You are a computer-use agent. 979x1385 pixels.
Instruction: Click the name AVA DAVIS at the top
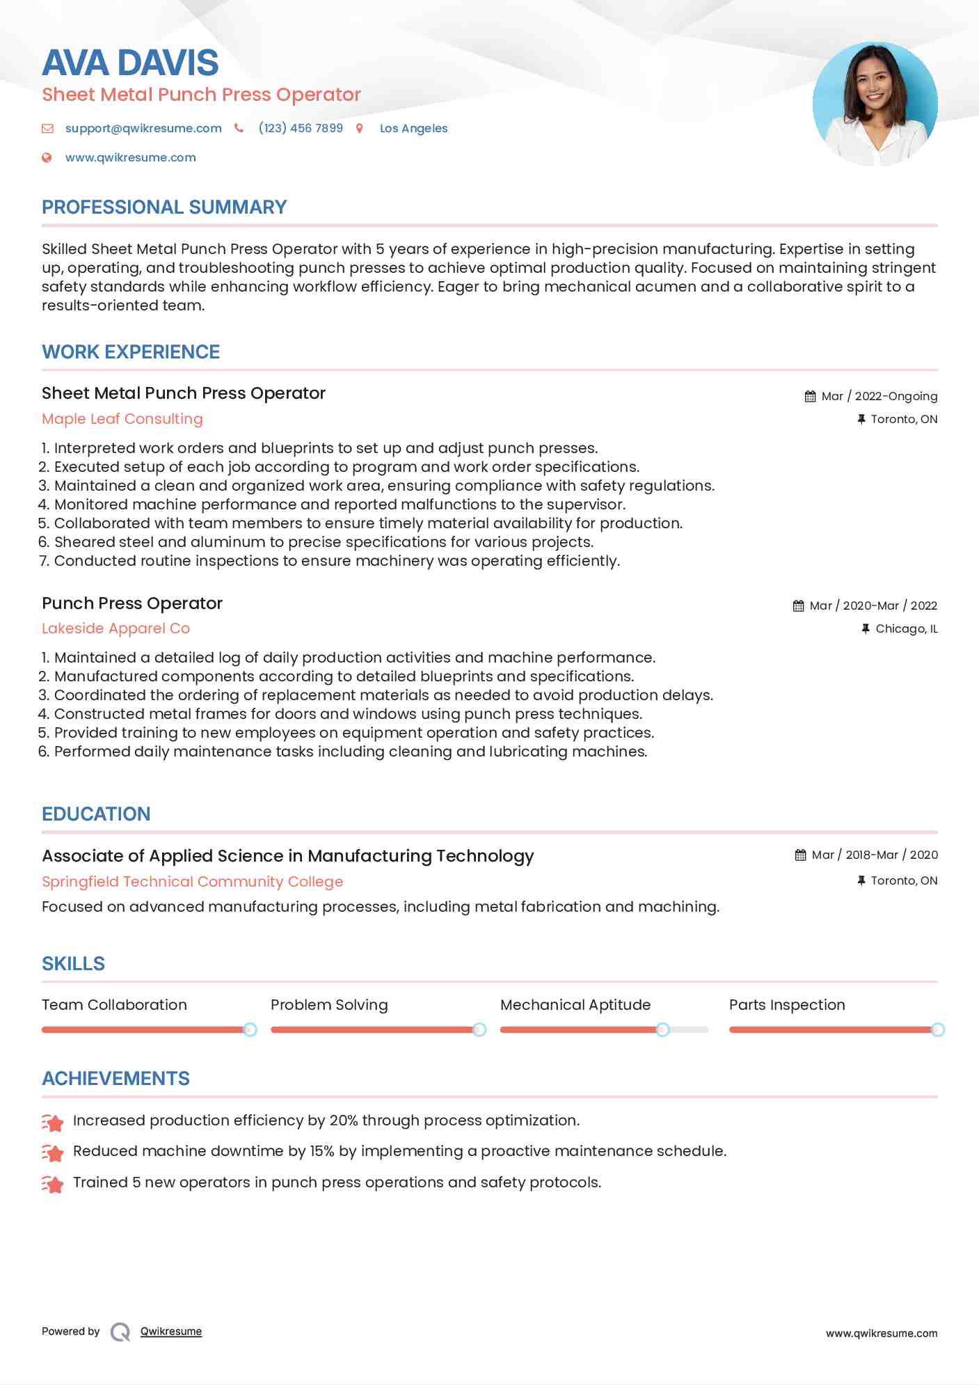tap(130, 63)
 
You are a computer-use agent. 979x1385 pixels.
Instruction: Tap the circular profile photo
tap(875, 104)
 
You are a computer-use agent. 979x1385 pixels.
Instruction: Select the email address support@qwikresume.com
tap(143, 129)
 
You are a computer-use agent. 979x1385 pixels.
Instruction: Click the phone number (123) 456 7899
tap(301, 129)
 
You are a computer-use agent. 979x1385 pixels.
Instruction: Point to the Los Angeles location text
tap(413, 129)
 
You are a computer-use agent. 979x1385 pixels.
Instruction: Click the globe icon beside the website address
tap(47, 158)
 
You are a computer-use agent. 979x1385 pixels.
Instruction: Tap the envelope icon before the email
tap(47, 129)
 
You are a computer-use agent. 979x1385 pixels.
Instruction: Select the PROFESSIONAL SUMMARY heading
tap(164, 207)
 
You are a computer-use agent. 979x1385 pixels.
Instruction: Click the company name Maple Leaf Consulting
tap(122, 419)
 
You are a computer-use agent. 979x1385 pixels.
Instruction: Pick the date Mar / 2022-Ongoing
tap(879, 397)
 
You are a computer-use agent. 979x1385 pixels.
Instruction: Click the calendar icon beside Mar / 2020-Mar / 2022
tap(798, 606)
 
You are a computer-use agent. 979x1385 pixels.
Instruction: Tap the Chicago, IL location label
tap(906, 629)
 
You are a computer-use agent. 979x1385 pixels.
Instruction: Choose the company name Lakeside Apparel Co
tap(116, 628)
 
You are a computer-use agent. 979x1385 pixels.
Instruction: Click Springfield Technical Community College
tap(192, 882)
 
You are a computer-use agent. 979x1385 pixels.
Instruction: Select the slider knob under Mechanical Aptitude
tap(662, 1029)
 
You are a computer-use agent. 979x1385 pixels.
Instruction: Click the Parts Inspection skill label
tap(787, 1005)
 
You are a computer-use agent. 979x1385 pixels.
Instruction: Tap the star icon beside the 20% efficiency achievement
tap(53, 1122)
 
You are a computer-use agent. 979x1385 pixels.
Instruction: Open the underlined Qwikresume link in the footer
tap(171, 1331)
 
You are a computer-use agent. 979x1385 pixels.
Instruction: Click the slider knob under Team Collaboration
tap(250, 1029)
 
